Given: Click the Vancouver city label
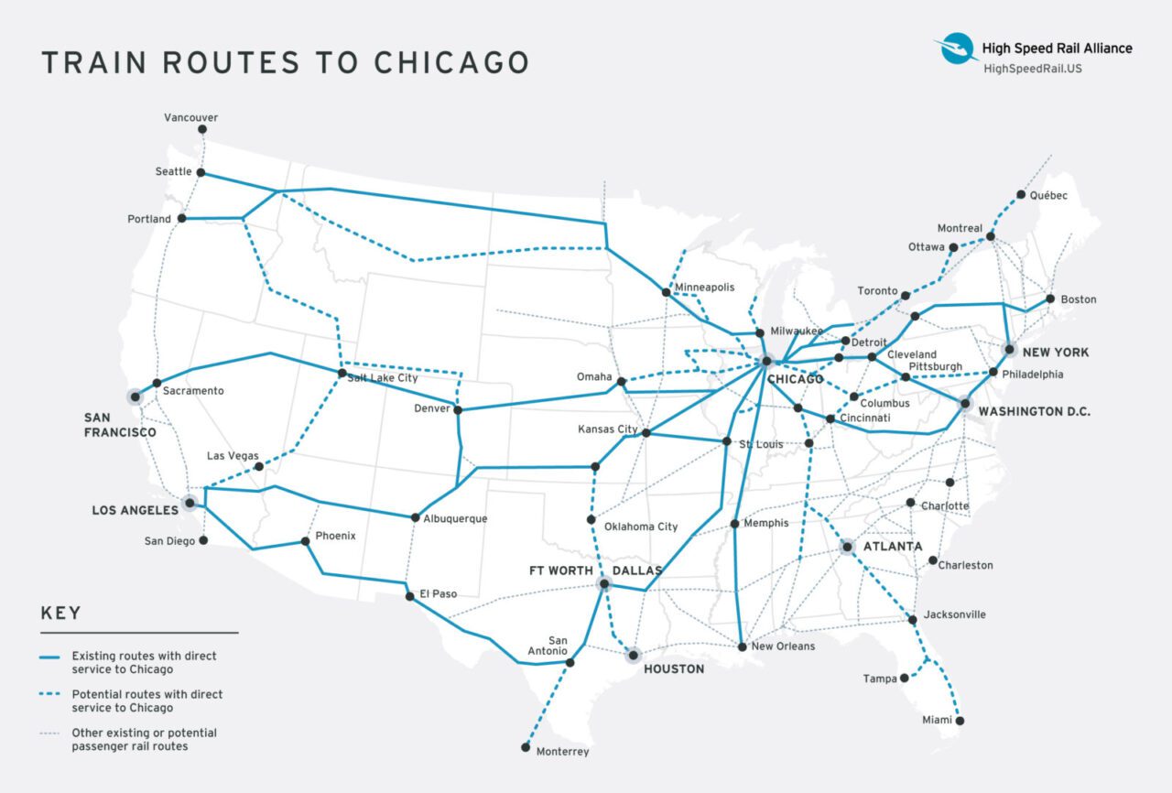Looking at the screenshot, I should click(190, 118).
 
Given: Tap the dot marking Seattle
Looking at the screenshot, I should click(201, 172).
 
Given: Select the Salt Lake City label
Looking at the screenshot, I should click(383, 377).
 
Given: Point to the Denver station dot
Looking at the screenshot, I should click(458, 409).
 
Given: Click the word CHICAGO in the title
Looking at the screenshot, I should click(451, 62).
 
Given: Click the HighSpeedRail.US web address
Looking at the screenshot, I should click(1032, 69).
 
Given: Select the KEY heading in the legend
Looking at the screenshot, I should click(60, 614).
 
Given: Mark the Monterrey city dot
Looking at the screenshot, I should click(526, 747).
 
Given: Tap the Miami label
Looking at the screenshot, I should click(937, 721).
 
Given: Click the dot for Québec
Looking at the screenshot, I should click(1021, 195).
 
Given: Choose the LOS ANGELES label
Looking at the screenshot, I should click(134, 510).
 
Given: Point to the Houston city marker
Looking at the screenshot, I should click(632, 654).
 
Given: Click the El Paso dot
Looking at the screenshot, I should click(410, 596).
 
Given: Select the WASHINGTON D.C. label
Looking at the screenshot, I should click(1034, 412).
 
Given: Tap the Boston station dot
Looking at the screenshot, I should click(1050, 299).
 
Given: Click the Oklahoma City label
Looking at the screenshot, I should click(641, 527).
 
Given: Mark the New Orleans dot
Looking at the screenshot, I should click(742, 646).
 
